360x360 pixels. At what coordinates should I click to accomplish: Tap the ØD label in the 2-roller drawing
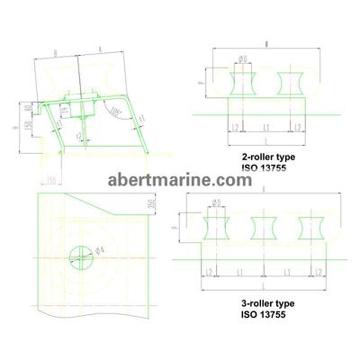pyautogui.click(x=241, y=60)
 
